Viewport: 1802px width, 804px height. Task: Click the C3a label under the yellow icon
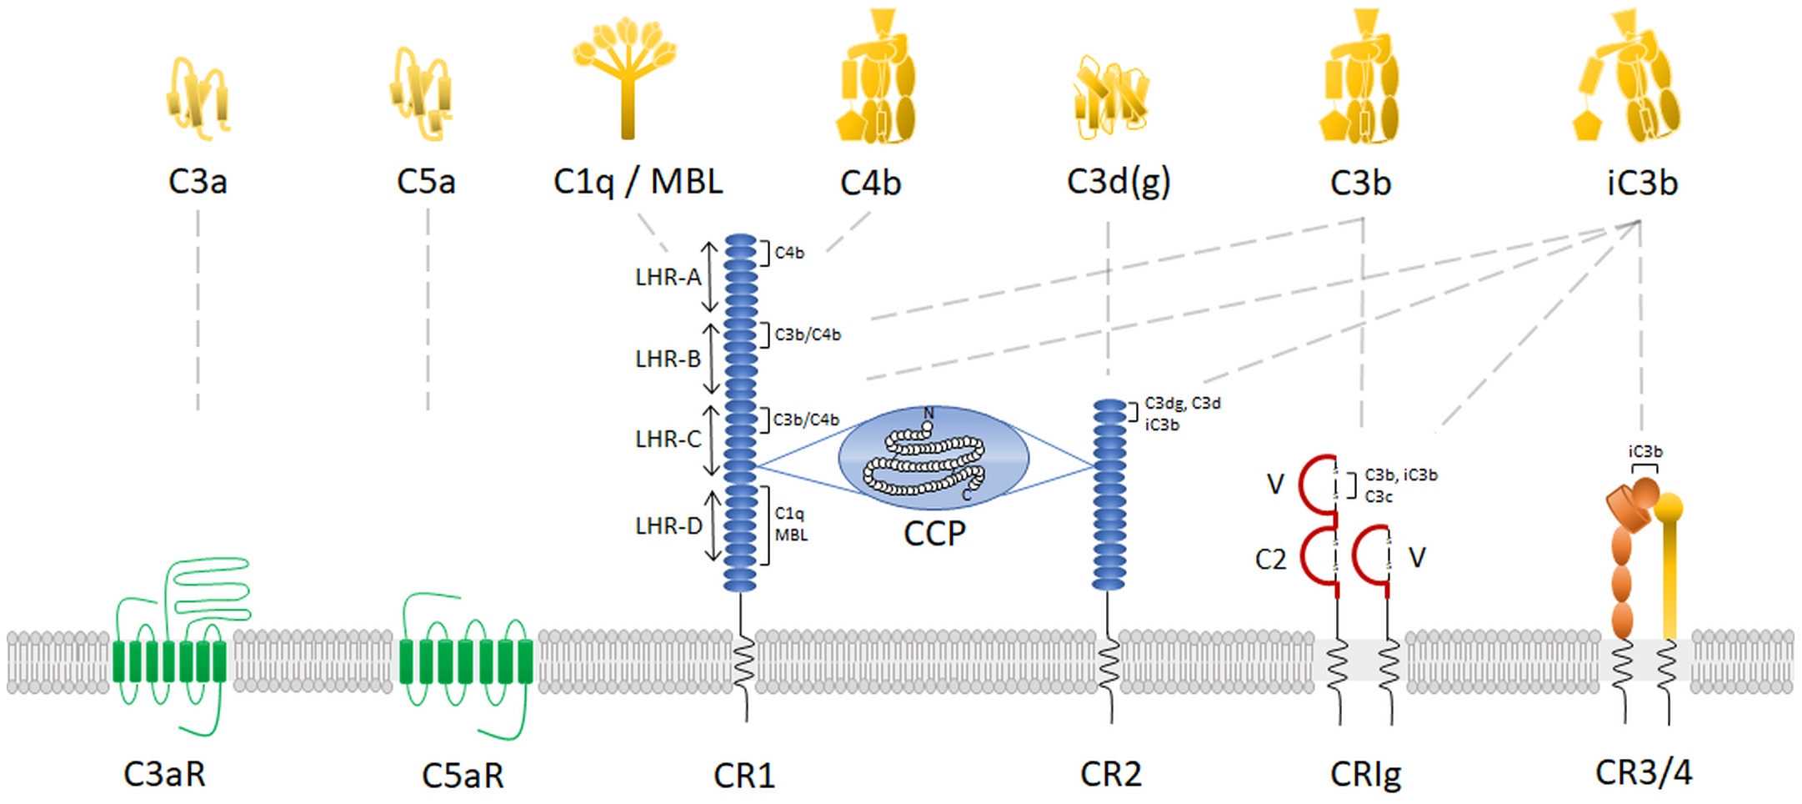(x=198, y=182)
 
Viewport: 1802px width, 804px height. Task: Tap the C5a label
(x=426, y=182)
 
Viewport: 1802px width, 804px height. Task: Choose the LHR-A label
(x=668, y=277)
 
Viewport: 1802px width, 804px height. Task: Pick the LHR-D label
(x=668, y=526)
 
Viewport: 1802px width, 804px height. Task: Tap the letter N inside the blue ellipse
(x=929, y=414)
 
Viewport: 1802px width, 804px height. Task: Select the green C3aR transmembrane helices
(x=169, y=662)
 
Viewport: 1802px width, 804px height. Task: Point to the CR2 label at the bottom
(x=1110, y=775)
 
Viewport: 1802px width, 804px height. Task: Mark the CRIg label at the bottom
(x=1365, y=775)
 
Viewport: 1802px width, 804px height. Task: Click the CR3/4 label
(x=1644, y=773)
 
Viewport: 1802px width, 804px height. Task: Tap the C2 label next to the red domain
(x=1270, y=560)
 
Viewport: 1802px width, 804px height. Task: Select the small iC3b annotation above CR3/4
(x=1645, y=451)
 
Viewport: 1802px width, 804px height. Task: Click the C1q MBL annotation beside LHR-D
(x=790, y=524)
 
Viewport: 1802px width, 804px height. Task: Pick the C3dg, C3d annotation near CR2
(x=1182, y=404)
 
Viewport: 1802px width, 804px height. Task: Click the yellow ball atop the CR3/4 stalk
(x=1669, y=506)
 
